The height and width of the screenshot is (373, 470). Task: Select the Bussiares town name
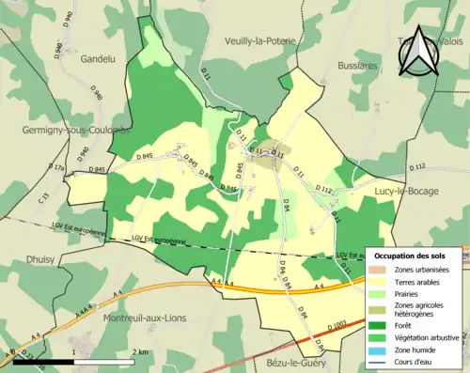(x=357, y=67)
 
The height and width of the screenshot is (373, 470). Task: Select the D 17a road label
(x=57, y=167)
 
